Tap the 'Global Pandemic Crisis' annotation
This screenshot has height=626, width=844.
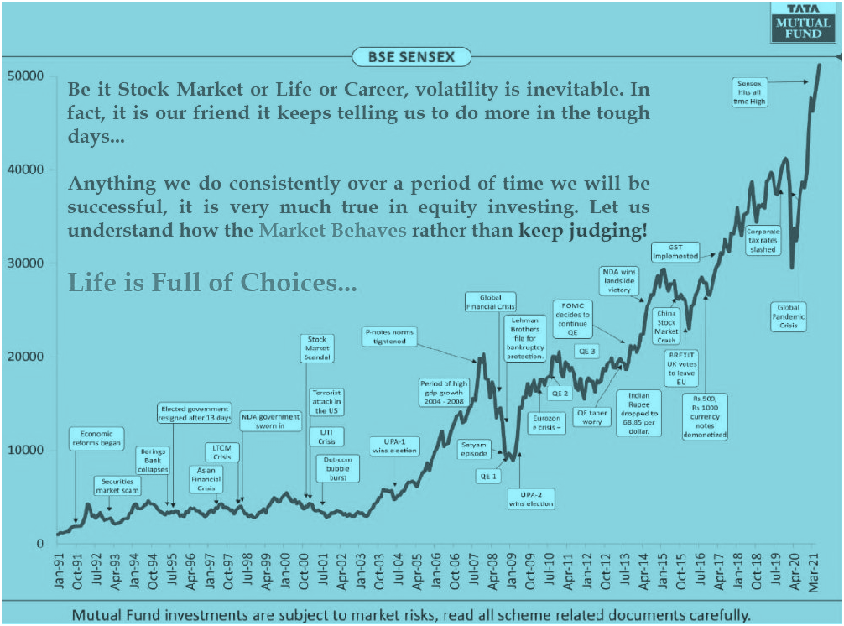[x=789, y=316]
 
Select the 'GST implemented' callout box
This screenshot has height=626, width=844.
[x=676, y=251]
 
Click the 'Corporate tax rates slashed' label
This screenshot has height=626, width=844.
[x=763, y=240]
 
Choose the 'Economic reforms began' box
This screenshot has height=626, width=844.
[x=96, y=439]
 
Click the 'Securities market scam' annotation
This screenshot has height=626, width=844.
[x=117, y=485]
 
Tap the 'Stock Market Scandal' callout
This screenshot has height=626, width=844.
[x=317, y=347]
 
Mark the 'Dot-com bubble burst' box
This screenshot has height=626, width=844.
[x=336, y=467]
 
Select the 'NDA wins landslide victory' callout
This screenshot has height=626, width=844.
[x=619, y=279]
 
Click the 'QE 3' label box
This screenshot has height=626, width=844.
[x=587, y=351]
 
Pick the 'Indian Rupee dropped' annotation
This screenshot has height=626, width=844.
[x=638, y=414]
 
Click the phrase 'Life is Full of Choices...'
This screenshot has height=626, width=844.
[x=212, y=282]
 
